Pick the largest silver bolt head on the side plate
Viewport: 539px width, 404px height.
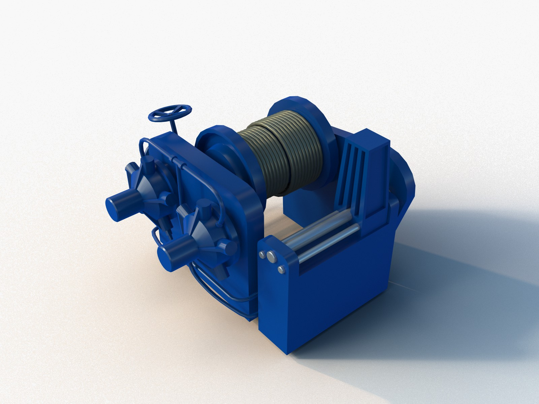point(271,257)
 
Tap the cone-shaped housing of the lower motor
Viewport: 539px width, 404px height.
point(195,236)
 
